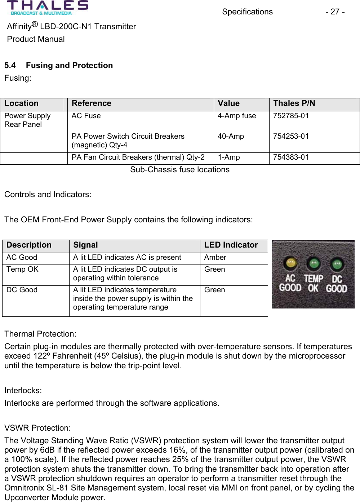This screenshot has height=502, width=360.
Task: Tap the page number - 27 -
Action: [x=335, y=12]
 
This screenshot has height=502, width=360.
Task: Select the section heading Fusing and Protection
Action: [x=69, y=66]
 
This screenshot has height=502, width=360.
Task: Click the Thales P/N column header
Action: [x=294, y=104]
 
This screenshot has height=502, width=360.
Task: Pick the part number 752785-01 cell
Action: [x=291, y=116]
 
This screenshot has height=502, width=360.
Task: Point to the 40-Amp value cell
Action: [x=231, y=137]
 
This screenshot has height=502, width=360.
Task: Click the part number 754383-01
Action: [x=291, y=157]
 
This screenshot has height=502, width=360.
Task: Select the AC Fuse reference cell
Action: [x=86, y=116]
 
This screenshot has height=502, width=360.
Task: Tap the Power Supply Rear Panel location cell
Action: [x=27, y=120]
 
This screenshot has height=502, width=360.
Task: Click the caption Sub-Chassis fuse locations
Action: [x=179, y=170]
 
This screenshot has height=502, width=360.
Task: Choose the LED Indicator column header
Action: [x=231, y=245]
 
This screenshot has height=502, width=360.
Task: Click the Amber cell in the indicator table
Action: [x=215, y=258]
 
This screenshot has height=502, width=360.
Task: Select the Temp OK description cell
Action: [x=22, y=270]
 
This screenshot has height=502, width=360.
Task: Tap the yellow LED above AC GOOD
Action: [x=290, y=263]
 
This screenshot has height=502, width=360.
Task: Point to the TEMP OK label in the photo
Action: [x=313, y=283]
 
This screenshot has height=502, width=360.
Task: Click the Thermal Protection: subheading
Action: [x=40, y=334]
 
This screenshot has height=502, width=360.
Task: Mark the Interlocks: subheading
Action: [x=23, y=391]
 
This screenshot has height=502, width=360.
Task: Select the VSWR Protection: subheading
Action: [x=37, y=428]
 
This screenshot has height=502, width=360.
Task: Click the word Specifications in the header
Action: [x=247, y=12]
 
